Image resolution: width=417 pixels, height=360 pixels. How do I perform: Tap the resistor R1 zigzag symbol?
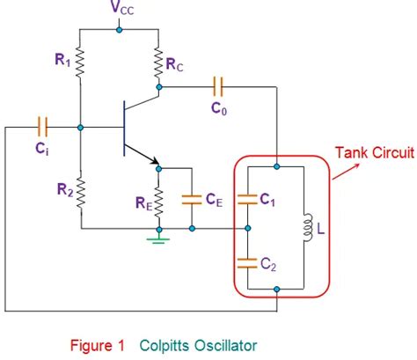coord(80,62)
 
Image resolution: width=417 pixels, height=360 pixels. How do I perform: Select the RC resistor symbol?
coord(158,62)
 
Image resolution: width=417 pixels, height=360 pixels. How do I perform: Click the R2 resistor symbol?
coord(81,193)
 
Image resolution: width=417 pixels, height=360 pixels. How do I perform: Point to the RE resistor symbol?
coord(158,202)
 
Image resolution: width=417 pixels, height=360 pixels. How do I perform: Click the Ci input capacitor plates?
coord(42,127)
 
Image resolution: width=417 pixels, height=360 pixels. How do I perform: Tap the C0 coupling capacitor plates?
coord(217,87)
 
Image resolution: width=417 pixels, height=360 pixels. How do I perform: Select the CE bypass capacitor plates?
coord(192,200)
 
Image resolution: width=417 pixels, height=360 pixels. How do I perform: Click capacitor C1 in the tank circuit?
coord(247,200)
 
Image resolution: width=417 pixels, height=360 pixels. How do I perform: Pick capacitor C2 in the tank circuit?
coord(247,263)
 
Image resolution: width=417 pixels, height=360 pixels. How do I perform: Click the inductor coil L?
coord(307,228)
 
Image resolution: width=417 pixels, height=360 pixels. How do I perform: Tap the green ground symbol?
coord(158,239)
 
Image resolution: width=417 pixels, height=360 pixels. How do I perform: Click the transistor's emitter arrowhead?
coord(155,161)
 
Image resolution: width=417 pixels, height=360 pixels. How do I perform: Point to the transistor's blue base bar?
coord(124,129)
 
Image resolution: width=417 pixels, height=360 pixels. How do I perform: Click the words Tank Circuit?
coord(375,152)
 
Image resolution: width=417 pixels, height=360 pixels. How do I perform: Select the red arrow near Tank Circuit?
coord(346,172)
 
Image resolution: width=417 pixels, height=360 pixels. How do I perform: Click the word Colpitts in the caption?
coord(165,345)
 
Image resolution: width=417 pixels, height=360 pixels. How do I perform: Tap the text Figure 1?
coord(98,345)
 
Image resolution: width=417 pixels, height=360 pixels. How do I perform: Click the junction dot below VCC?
coord(119,30)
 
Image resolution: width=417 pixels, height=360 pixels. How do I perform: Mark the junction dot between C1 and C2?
coord(248,228)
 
